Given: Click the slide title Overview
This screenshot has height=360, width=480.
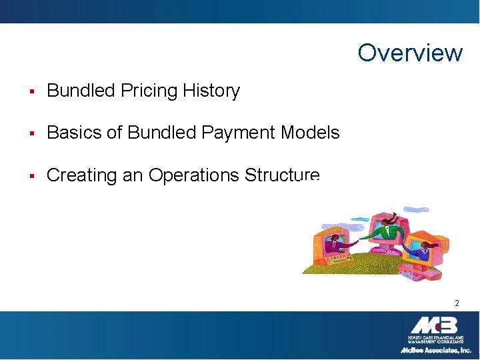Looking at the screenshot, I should click(x=409, y=53).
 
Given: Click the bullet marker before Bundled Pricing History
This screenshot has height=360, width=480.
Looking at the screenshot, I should click(x=32, y=91).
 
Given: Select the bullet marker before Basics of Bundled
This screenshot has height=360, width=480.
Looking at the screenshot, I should click(x=32, y=133).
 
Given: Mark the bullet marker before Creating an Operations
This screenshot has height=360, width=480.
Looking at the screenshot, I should click(x=32, y=176).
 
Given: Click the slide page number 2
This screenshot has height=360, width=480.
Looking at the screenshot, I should click(x=457, y=303).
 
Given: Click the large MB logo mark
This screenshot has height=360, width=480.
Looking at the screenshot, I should click(x=434, y=325).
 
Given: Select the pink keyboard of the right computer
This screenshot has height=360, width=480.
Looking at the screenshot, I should click(x=415, y=270).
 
